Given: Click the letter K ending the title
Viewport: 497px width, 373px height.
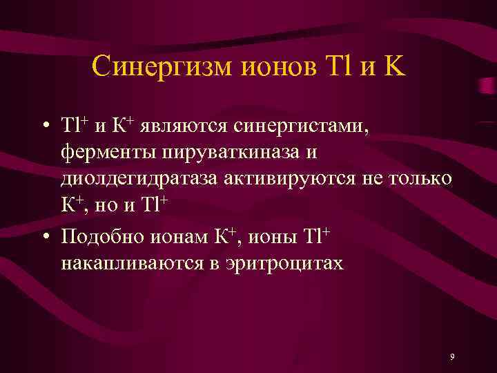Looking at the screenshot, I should click(397, 67).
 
